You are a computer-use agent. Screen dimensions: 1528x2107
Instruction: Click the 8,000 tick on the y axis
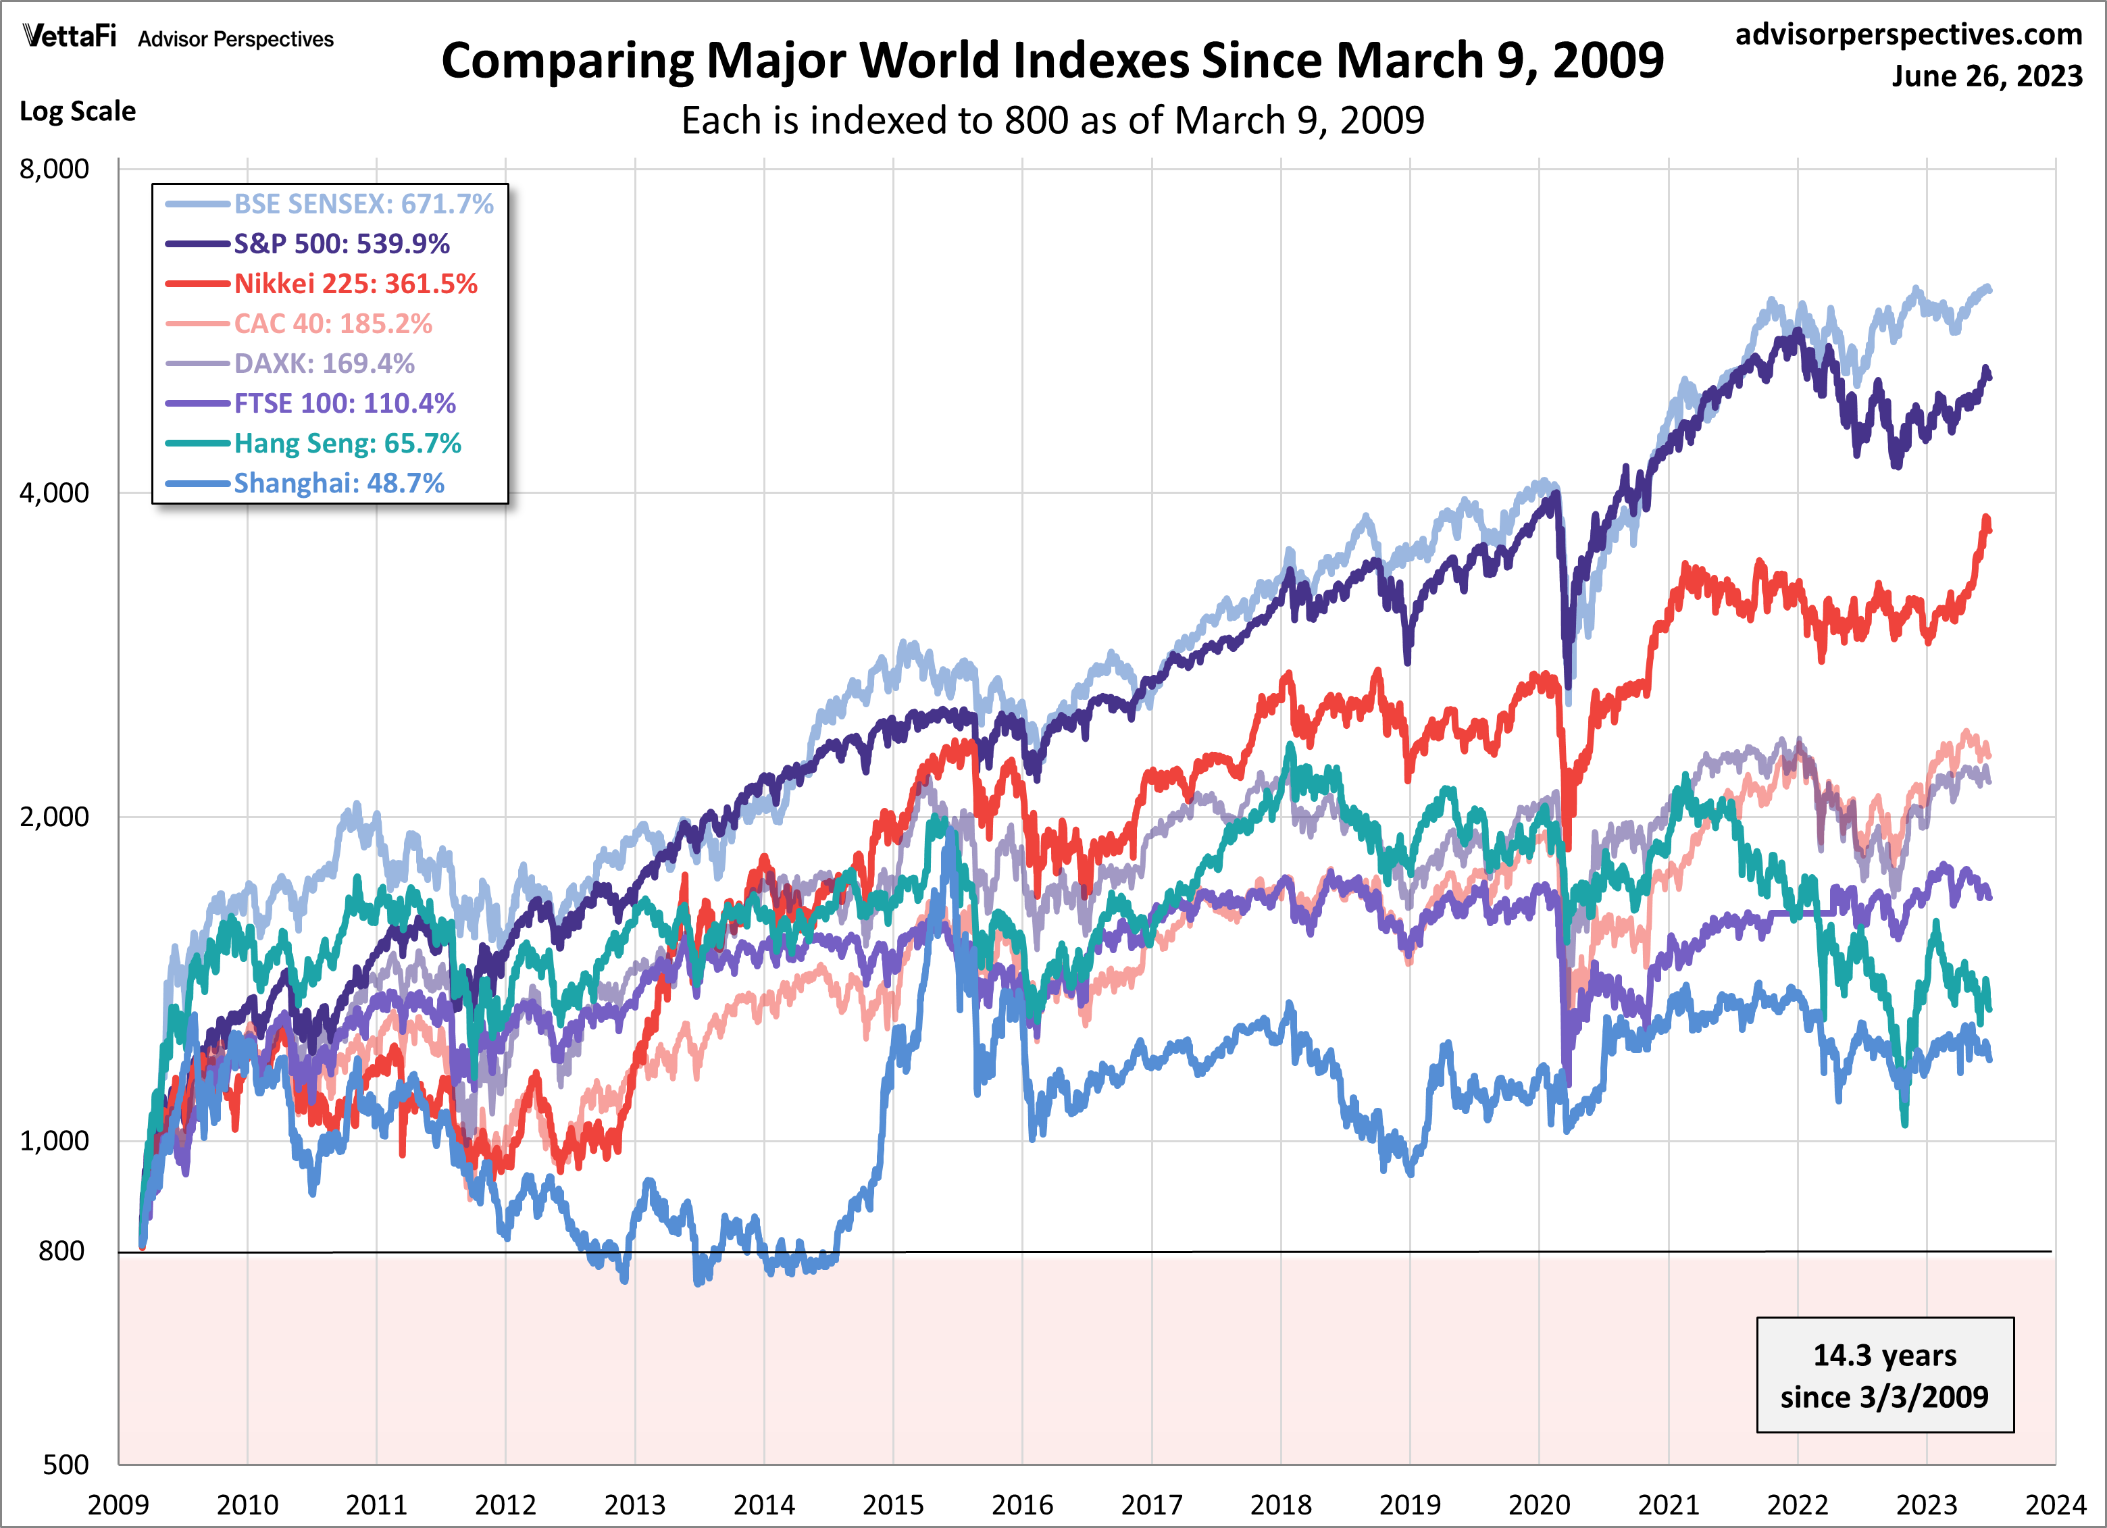pyautogui.click(x=54, y=169)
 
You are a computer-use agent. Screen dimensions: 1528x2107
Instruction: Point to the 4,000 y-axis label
pyautogui.click(x=54, y=492)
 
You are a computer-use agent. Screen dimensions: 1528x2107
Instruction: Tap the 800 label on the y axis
pyautogui.click(x=61, y=1251)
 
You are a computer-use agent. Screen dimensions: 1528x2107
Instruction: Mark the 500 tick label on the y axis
pyautogui.click(x=65, y=1465)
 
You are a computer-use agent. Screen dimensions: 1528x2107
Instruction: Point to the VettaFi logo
pyautogui.click(x=70, y=37)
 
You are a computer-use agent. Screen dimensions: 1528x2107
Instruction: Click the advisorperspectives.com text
pyautogui.click(x=1908, y=34)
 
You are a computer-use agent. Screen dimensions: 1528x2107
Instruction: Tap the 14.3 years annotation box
pyautogui.click(x=1884, y=1375)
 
